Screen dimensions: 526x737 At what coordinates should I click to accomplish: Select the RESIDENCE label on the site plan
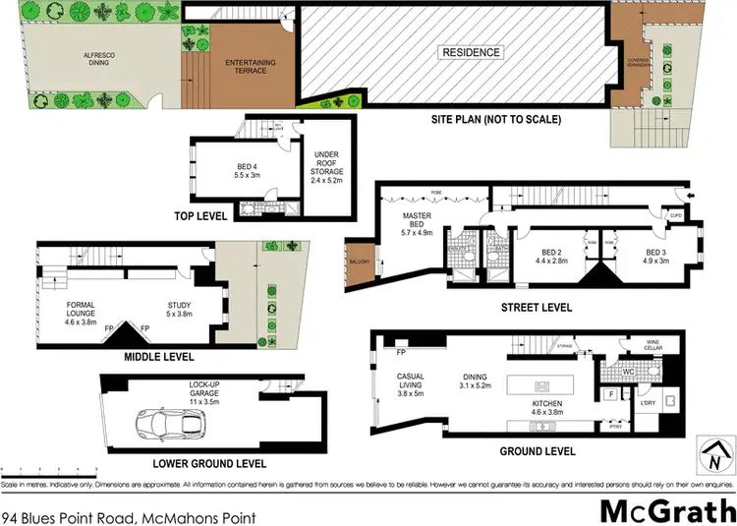click(x=472, y=52)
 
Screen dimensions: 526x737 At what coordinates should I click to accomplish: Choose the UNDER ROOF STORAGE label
click(x=326, y=168)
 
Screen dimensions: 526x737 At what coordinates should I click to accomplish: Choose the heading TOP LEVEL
click(x=201, y=215)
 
